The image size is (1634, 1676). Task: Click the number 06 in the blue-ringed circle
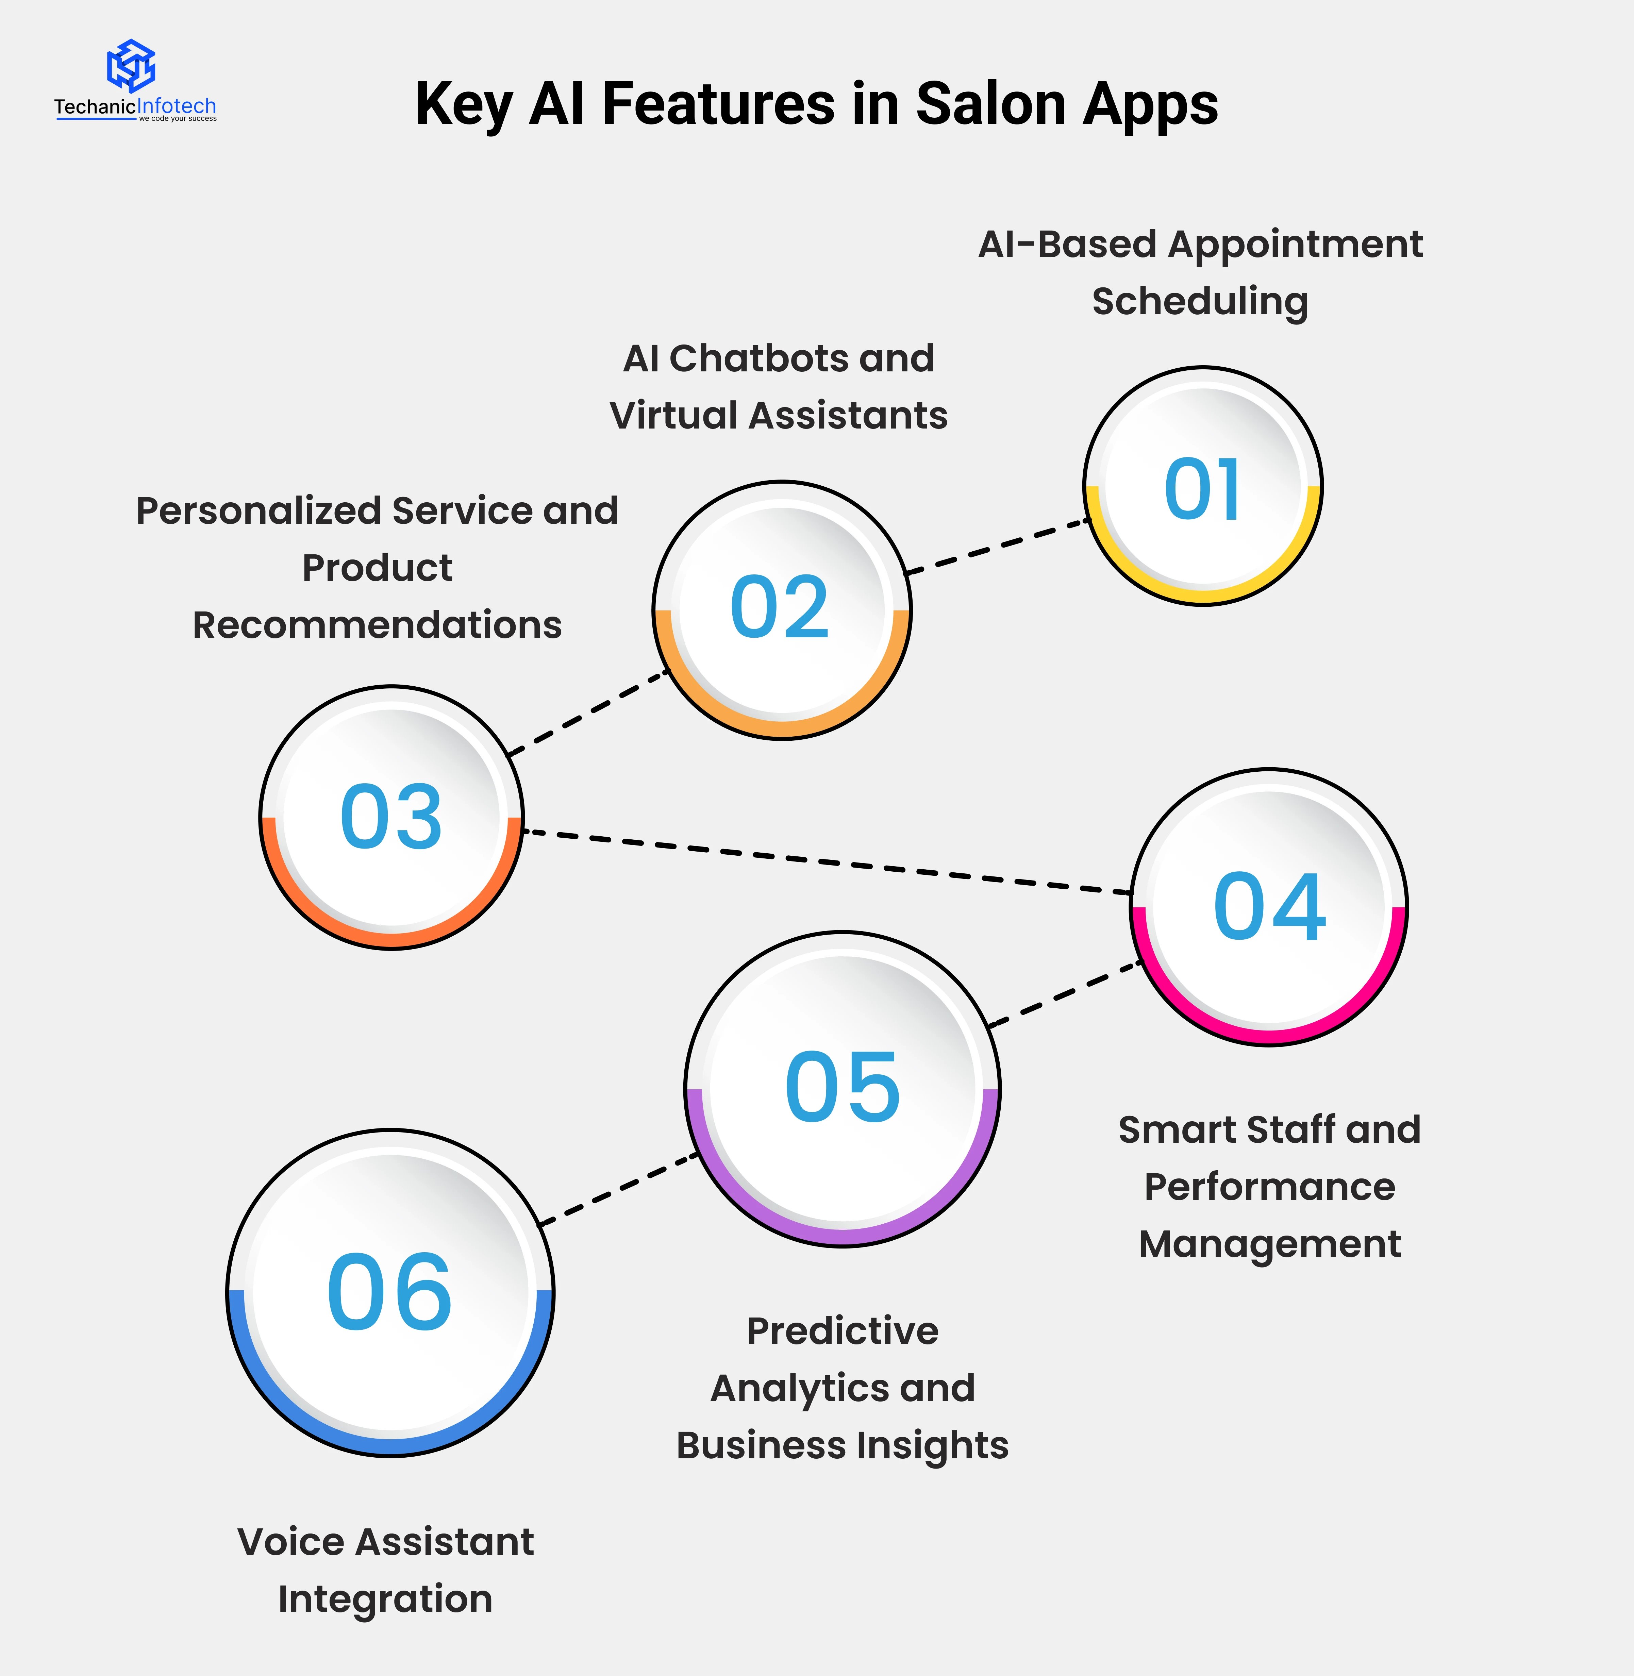389,1292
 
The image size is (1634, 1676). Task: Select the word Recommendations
377,625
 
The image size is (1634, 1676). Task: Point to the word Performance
1269,1187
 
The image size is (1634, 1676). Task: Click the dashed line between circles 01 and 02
997,546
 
